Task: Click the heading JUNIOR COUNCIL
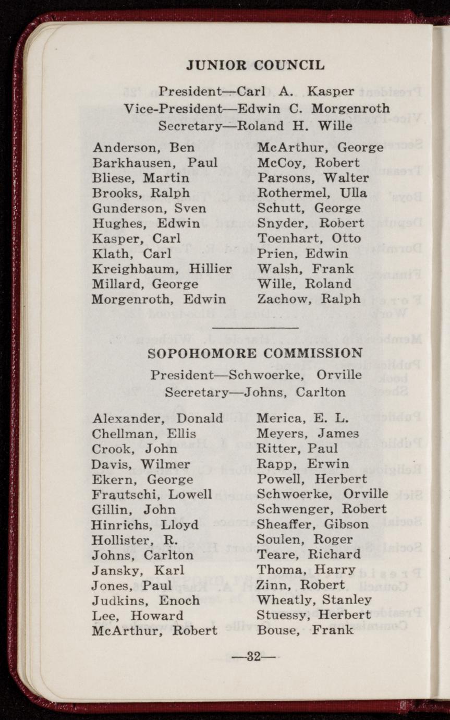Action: click(x=256, y=65)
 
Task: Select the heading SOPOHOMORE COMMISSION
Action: click(x=255, y=353)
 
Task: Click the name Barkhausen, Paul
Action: click(x=155, y=163)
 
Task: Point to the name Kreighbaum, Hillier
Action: click(x=162, y=269)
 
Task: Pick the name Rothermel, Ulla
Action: click(x=312, y=193)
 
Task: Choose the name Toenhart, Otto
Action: click(x=309, y=238)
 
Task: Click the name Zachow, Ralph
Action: click(x=309, y=299)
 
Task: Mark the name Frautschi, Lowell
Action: click(x=152, y=494)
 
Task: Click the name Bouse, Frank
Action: click(x=305, y=630)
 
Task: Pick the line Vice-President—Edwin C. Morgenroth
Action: click(x=257, y=109)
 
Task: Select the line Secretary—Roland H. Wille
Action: click(x=256, y=126)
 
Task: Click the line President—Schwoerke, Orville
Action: click(x=256, y=375)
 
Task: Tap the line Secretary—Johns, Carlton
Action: click(x=255, y=392)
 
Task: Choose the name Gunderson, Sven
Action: click(x=149, y=208)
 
